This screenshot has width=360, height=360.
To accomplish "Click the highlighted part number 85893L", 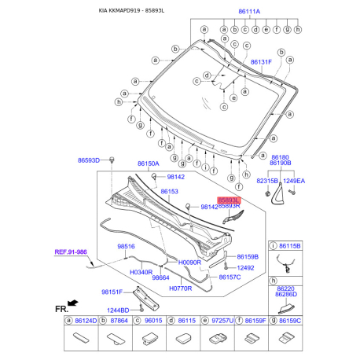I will point(228,200).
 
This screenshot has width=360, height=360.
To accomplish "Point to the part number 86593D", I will point(88,160).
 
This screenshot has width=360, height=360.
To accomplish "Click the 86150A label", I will point(148,164).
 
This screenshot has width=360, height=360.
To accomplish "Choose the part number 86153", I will point(170,191).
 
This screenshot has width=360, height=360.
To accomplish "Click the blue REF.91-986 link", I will point(70,252).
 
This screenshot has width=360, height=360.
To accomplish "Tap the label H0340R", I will point(141,271).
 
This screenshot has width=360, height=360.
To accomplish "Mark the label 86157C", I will point(230,277).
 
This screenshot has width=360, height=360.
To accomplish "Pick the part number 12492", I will point(247,267).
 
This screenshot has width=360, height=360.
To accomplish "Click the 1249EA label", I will point(294,180).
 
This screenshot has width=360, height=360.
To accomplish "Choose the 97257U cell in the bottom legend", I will point(221,321).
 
